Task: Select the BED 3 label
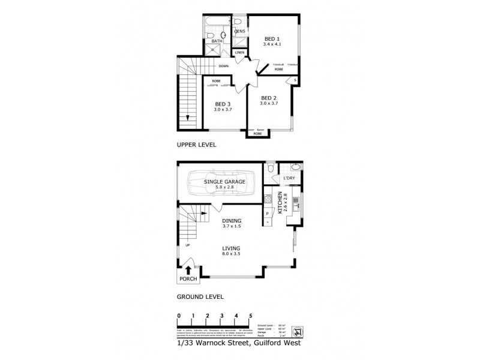click(x=223, y=104)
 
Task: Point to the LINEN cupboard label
click(x=239, y=52)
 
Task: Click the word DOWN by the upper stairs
click(x=223, y=66)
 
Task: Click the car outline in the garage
click(x=222, y=184)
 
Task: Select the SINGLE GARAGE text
click(x=222, y=181)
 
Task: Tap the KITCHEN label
click(x=279, y=203)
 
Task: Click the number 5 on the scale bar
click(x=250, y=315)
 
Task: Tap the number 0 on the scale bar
click(x=179, y=315)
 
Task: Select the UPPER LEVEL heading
click(x=196, y=145)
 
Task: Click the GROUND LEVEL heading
click(x=200, y=296)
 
